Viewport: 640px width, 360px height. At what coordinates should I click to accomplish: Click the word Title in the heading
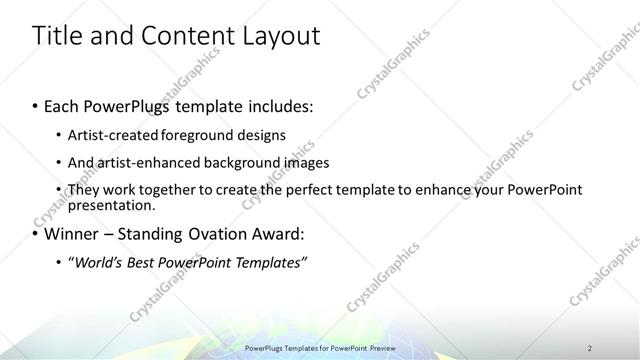click(x=57, y=37)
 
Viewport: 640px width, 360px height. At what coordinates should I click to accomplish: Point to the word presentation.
click(x=110, y=205)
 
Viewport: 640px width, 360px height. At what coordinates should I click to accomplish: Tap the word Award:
click(x=274, y=235)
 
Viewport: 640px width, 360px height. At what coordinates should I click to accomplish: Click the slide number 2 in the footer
click(x=590, y=348)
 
